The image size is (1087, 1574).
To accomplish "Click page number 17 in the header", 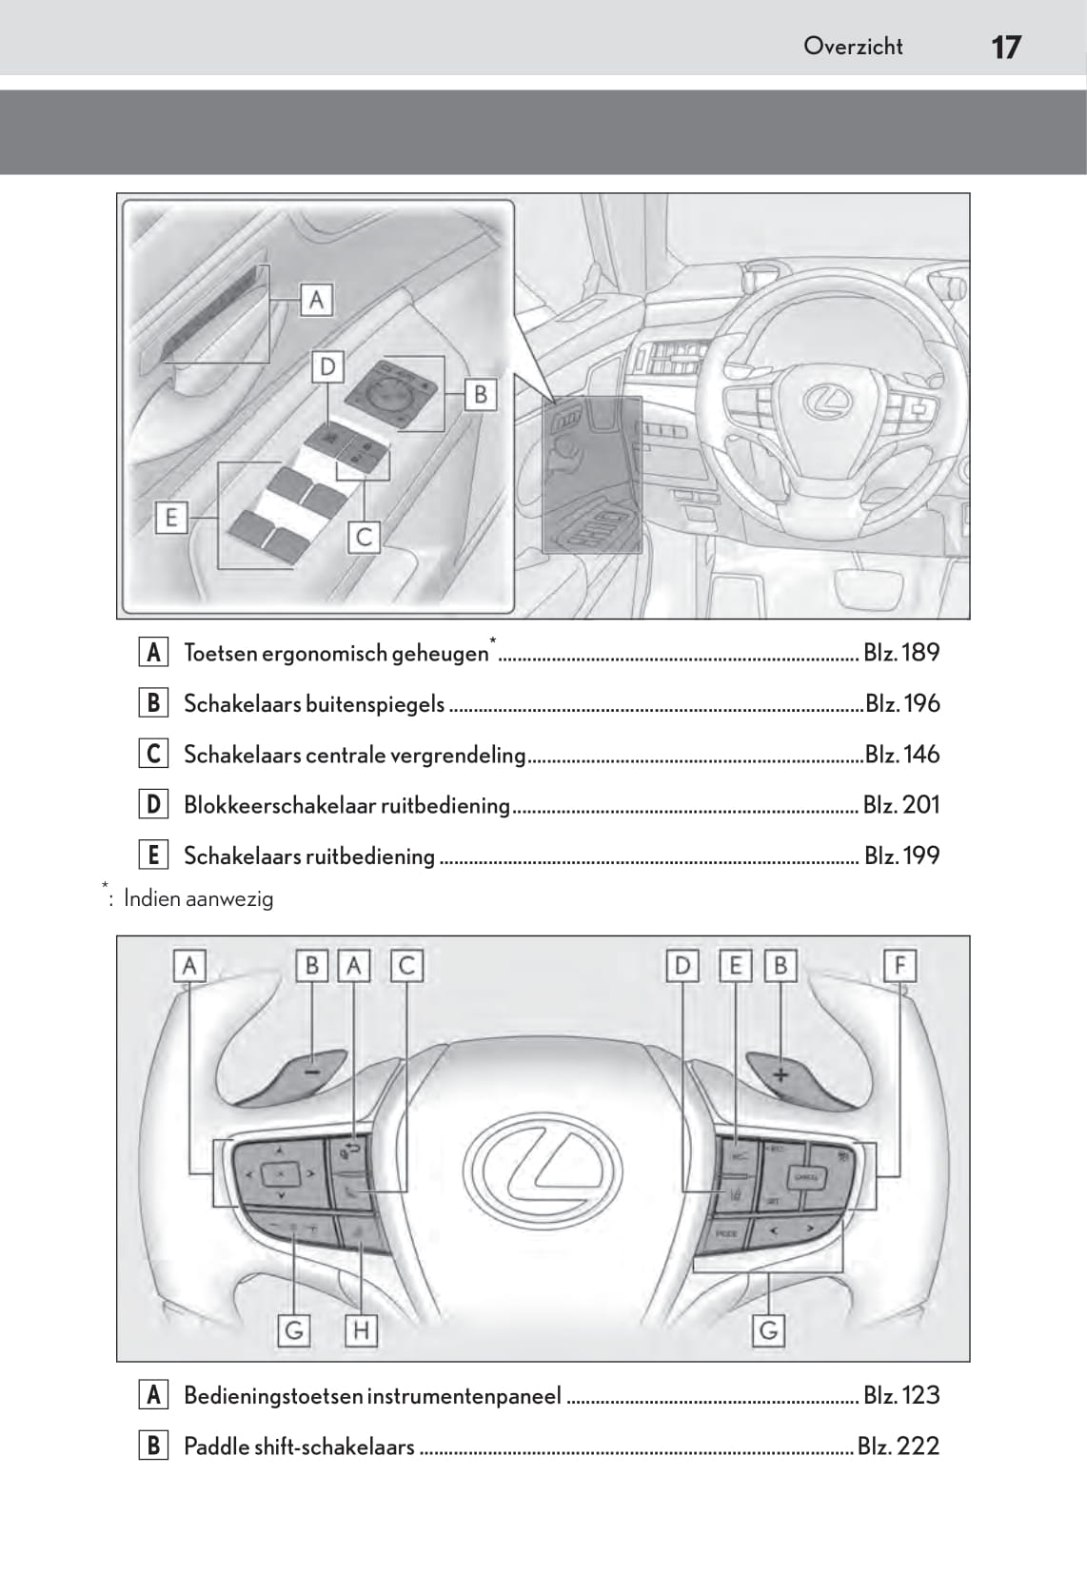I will [x=1005, y=47].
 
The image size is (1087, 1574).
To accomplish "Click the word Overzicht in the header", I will [x=852, y=46].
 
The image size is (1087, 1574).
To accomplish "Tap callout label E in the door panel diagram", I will [x=171, y=518].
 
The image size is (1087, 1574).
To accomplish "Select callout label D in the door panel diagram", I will [x=327, y=367].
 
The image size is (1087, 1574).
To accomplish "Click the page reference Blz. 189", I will [x=900, y=653].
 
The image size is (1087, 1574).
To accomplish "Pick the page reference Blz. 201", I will [x=900, y=805].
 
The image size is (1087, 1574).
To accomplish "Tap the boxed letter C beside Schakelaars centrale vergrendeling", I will [x=152, y=754].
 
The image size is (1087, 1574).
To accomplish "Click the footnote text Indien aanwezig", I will [x=198, y=898].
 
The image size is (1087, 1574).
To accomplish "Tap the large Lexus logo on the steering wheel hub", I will [x=543, y=1167].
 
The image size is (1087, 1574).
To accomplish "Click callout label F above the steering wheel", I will [x=899, y=966].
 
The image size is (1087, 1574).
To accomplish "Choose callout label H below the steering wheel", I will [x=361, y=1329].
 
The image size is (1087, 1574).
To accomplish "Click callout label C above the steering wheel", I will [x=406, y=966].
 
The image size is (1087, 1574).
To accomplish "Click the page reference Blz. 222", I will [x=898, y=1446].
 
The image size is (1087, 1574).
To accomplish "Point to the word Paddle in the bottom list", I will [x=213, y=1446].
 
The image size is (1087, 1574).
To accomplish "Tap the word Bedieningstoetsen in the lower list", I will [x=273, y=1396].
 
